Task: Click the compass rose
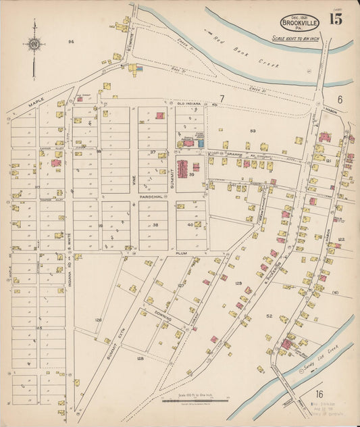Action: point(34,45)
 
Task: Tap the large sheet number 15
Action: point(336,19)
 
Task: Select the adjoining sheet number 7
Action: point(220,99)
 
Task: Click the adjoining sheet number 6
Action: point(340,99)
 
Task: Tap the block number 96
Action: point(70,42)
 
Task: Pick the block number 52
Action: point(269,316)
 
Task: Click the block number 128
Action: point(140,358)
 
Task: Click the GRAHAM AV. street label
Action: point(234,154)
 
